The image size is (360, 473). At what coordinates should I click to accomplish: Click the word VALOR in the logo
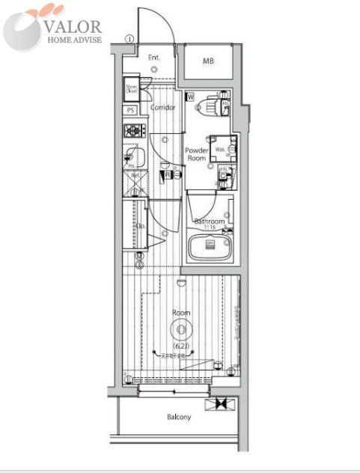point(75,25)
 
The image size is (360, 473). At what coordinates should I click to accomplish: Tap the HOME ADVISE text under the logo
point(75,40)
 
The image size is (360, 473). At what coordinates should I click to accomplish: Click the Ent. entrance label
point(154,58)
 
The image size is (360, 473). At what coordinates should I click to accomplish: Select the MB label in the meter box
point(207,60)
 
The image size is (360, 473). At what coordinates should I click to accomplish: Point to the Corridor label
point(163,108)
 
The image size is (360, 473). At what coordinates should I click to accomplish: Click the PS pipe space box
point(131,110)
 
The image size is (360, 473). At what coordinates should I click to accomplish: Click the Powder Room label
point(196,154)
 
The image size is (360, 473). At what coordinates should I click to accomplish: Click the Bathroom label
point(209,222)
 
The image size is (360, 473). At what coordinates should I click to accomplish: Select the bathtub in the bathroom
point(210,246)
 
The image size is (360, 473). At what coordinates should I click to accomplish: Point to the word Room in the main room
point(181,312)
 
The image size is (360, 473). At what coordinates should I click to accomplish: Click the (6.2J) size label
point(181,346)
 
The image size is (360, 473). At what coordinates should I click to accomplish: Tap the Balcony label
point(179,417)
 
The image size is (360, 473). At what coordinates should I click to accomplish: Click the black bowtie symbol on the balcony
point(221,403)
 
